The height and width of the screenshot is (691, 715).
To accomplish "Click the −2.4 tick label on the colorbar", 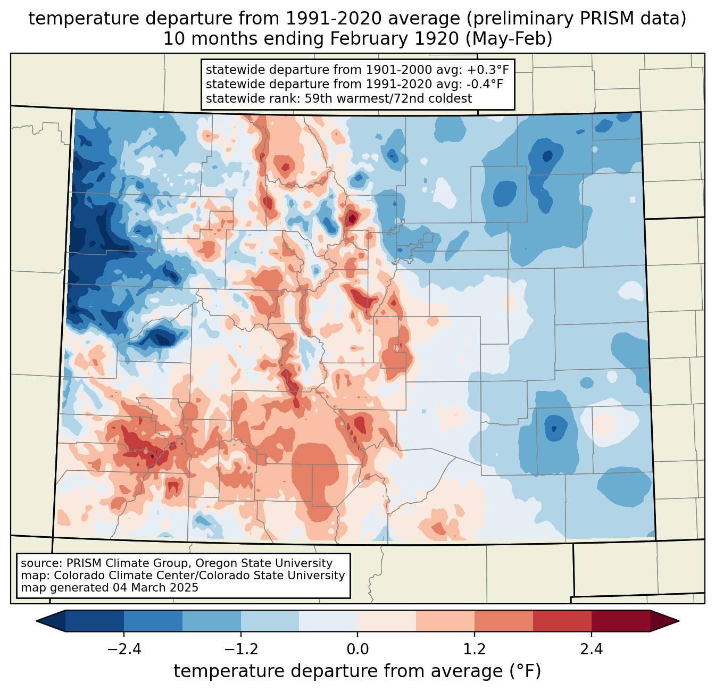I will pyautogui.click(x=124, y=650).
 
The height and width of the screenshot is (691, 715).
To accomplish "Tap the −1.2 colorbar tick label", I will pyautogui.click(x=241, y=650).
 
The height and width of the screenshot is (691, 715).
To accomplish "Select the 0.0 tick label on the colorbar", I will pyautogui.click(x=358, y=650).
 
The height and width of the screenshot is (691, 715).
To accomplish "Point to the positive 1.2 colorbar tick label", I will pyautogui.click(x=474, y=650).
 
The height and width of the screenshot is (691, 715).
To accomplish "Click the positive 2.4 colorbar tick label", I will pyautogui.click(x=591, y=650).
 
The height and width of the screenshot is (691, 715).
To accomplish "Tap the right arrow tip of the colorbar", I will pyautogui.click(x=677, y=621).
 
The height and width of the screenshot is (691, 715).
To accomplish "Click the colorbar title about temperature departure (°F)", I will pyautogui.click(x=358, y=671).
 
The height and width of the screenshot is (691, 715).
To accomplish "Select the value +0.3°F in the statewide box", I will pyautogui.click(x=488, y=70).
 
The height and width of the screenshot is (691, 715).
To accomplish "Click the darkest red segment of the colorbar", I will pyautogui.click(x=620, y=621).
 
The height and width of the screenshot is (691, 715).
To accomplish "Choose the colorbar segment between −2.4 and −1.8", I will pyautogui.click(x=153, y=621).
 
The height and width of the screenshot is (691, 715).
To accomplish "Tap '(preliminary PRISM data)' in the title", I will pyautogui.click(x=576, y=19).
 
